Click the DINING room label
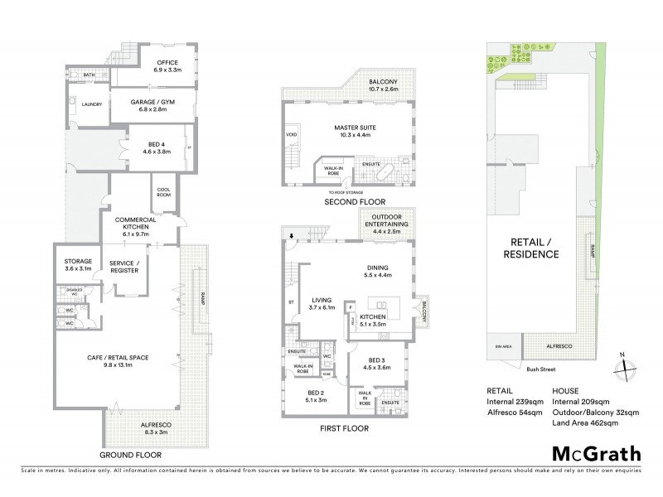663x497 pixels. pos(378,272)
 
